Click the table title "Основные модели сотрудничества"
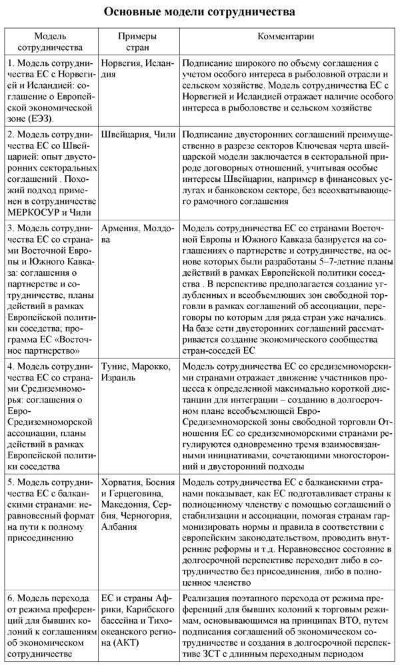[x=200, y=11]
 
